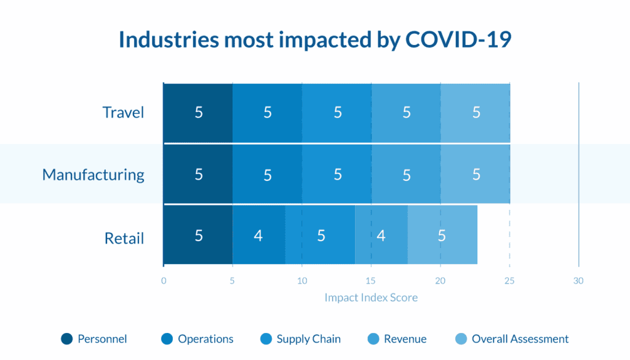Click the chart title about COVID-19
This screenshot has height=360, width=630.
315,40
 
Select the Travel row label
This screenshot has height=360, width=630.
123,113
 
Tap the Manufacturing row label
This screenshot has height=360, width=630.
94,175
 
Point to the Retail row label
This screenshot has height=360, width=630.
124,238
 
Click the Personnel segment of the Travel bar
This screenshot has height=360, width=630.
198,113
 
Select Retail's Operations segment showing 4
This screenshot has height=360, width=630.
259,234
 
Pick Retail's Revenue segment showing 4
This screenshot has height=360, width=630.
381,234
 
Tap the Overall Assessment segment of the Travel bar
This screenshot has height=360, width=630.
476,113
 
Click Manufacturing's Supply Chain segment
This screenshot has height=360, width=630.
337,174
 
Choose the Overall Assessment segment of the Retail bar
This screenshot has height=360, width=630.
442,234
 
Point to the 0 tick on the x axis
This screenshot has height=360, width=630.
164,281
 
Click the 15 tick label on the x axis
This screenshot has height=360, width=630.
370,281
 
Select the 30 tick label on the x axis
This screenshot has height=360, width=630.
578,281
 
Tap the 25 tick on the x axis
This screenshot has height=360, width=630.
509,281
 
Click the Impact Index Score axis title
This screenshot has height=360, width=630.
371,297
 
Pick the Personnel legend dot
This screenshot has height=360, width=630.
66,338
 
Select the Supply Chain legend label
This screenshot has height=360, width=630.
309,339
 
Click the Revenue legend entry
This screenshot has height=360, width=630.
397,338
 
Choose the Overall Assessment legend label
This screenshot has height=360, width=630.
520,338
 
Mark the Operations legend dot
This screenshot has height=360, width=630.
167,338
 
